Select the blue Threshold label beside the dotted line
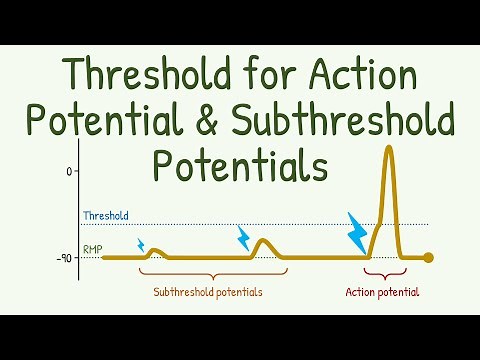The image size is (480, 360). tap(105, 216)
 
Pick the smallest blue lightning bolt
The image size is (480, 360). tap(141, 244)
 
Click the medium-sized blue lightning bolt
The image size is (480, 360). tap(243, 237)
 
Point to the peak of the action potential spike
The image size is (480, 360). tap(388, 148)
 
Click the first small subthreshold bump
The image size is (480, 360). tap(155, 252)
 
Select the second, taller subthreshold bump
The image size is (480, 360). tap(262, 243)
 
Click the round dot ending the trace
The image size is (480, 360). tap(429, 258)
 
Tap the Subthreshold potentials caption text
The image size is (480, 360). tap(209, 293)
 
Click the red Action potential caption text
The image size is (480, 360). tap(382, 293)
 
